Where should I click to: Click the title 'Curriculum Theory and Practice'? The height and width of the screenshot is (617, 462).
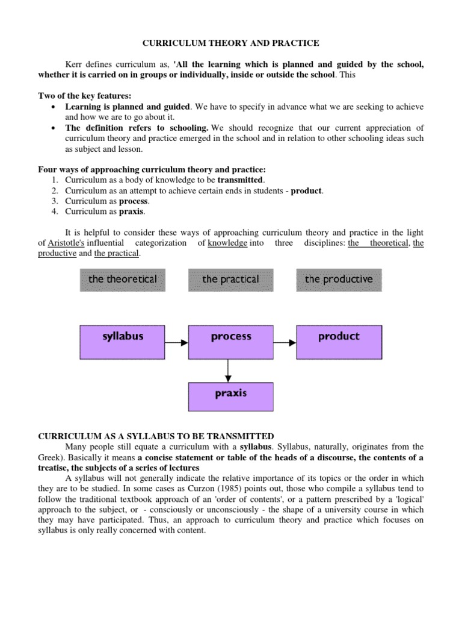[x=230, y=43]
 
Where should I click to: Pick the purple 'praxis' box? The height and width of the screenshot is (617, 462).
[x=230, y=396]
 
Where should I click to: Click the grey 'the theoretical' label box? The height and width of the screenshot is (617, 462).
[x=122, y=280]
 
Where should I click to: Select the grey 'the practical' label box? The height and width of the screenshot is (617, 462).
[x=230, y=280]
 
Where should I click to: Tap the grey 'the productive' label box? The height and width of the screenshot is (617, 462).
[x=339, y=280]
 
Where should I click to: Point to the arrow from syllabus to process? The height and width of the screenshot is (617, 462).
[x=176, y=343]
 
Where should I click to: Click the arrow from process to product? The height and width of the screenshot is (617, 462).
[x=285, y=343]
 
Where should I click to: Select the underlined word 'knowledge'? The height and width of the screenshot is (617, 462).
[x=227, y=243]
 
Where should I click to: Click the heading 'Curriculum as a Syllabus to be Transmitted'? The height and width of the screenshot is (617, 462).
[x=156, y=436]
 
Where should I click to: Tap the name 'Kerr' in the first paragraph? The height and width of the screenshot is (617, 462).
[x=73, y=64]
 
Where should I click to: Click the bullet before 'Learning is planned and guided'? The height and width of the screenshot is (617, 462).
[x=54, y=107]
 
